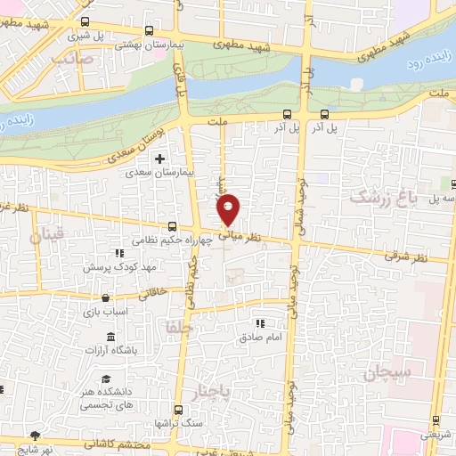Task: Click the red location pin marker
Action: [229, 209]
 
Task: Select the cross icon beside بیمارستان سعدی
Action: [159, 159]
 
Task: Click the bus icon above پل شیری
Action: [85, 22]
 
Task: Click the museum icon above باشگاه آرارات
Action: [110, 336]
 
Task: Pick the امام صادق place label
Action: [260, 338]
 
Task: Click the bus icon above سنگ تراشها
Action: [178, 411]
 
